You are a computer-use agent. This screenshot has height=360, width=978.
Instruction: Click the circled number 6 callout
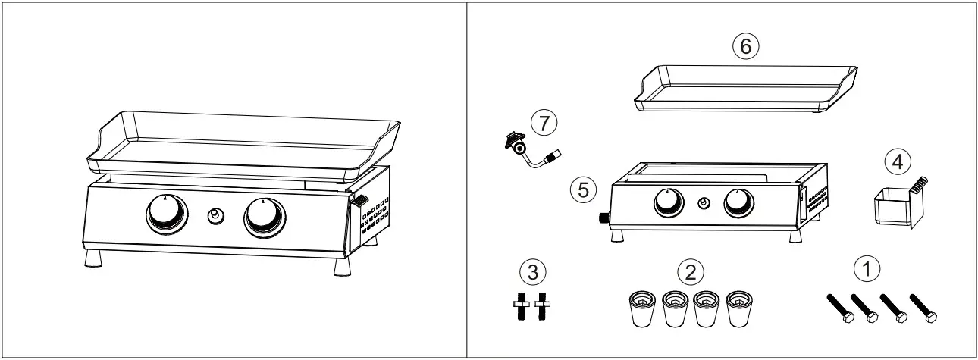(x=745, y=47)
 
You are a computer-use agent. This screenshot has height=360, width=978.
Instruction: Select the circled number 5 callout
(x=582, y=189)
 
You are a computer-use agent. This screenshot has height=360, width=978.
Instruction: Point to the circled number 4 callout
(x=896, y=161)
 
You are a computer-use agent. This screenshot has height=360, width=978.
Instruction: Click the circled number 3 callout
(x=533, y=271)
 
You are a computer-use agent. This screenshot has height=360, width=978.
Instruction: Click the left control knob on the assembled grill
(x=166, y=216)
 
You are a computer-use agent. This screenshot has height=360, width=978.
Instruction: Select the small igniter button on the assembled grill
(x=216, y=217)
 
